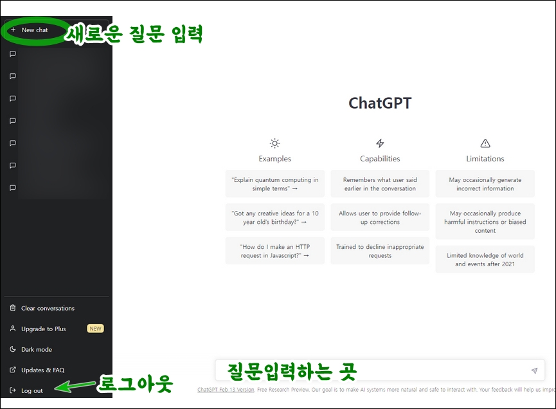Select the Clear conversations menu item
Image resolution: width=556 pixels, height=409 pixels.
coord(48,309)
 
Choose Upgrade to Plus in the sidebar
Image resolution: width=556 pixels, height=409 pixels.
coord(43,329)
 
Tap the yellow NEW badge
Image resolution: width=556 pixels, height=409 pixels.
coord(95,329)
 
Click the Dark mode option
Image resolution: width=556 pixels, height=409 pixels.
coord(36,350)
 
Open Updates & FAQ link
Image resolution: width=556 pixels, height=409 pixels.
coord(42,370)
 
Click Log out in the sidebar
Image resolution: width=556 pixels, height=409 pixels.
coord(31,391)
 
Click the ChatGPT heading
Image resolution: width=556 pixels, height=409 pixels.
coord(380,104)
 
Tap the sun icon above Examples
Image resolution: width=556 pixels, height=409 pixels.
coord(275,143)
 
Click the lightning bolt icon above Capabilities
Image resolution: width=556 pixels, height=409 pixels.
coord(380,143)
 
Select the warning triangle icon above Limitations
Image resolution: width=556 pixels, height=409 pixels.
coord(485,143)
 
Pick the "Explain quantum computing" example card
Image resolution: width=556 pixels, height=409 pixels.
coord(275,185)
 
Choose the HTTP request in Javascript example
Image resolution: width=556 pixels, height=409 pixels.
coord(275,251)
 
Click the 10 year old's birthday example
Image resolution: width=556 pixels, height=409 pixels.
coord(275,218)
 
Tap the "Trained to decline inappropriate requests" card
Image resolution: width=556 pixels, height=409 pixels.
coord(380,251)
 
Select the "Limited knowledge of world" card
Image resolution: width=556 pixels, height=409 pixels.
coord(485,259)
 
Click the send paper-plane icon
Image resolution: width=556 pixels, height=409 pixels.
coord(534,371)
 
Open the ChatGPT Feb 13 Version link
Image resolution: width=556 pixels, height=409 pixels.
coord(226,390)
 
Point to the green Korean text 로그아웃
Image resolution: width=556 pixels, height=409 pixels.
coord(135,385)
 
